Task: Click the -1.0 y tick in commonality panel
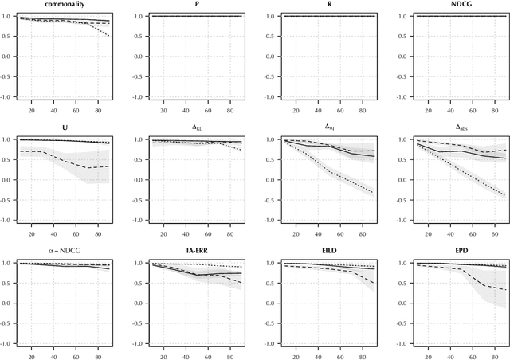click(x=6, y=98)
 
